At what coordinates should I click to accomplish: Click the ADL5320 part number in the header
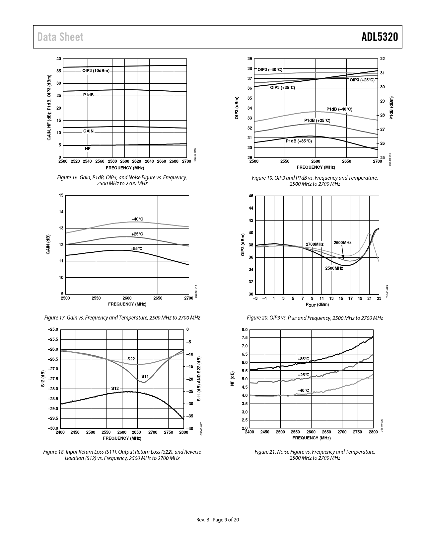(380, 37)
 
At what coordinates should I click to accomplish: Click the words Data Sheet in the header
(60, 37)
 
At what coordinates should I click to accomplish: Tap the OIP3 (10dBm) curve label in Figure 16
(96, 71)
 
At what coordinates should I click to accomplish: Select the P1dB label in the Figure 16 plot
(88, 95)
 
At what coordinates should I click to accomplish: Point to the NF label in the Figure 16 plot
(88, 149)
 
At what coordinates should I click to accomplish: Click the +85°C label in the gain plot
(136, 249)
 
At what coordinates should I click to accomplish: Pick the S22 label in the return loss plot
(131, 359)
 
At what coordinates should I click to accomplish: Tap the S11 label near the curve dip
(145, 376)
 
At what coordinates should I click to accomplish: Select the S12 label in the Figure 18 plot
(115, 388)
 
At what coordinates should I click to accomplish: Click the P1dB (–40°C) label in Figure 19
(339, 109)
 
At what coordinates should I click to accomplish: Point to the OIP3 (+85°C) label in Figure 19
(282, 88)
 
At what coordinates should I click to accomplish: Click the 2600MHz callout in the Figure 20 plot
(342, 243)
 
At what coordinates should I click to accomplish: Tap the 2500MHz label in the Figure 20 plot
(334, 268)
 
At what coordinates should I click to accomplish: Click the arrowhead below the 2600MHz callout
(343, 257)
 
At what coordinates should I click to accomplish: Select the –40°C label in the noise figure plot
(303, 390)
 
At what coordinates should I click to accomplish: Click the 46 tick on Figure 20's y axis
(251, 196)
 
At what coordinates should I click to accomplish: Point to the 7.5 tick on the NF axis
(245, 338)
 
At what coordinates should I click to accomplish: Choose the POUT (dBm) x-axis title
(317, 305)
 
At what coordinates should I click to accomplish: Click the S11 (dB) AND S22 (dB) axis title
(199, 379)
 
